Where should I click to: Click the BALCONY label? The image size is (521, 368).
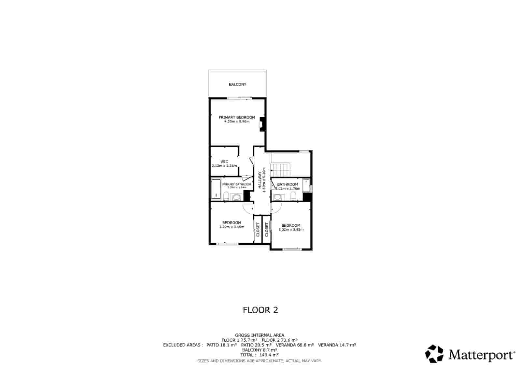coord(237,84)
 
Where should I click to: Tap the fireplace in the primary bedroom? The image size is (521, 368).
coord(262,124)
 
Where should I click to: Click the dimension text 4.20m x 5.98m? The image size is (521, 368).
coord(237,122)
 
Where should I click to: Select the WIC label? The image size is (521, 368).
coord(224,162)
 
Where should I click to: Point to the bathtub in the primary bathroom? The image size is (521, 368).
coord(215,189)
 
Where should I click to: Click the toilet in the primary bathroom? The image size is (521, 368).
coord(226,196)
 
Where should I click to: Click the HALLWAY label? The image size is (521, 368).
coord(260,180)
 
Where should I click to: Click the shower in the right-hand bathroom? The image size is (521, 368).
coord(306,185)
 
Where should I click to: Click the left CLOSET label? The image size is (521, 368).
coord(258,230)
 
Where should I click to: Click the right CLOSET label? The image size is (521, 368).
coord(266,230)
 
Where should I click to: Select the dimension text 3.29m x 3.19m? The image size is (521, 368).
coord(232,227)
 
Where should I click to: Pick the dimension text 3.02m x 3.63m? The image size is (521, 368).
coord(291,230)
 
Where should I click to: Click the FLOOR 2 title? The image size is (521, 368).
coord(260,310)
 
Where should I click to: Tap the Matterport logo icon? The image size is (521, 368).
coord(434,354)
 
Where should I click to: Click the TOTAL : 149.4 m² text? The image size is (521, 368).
coord(260,355)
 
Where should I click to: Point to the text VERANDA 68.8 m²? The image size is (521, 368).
coord(295,345)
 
